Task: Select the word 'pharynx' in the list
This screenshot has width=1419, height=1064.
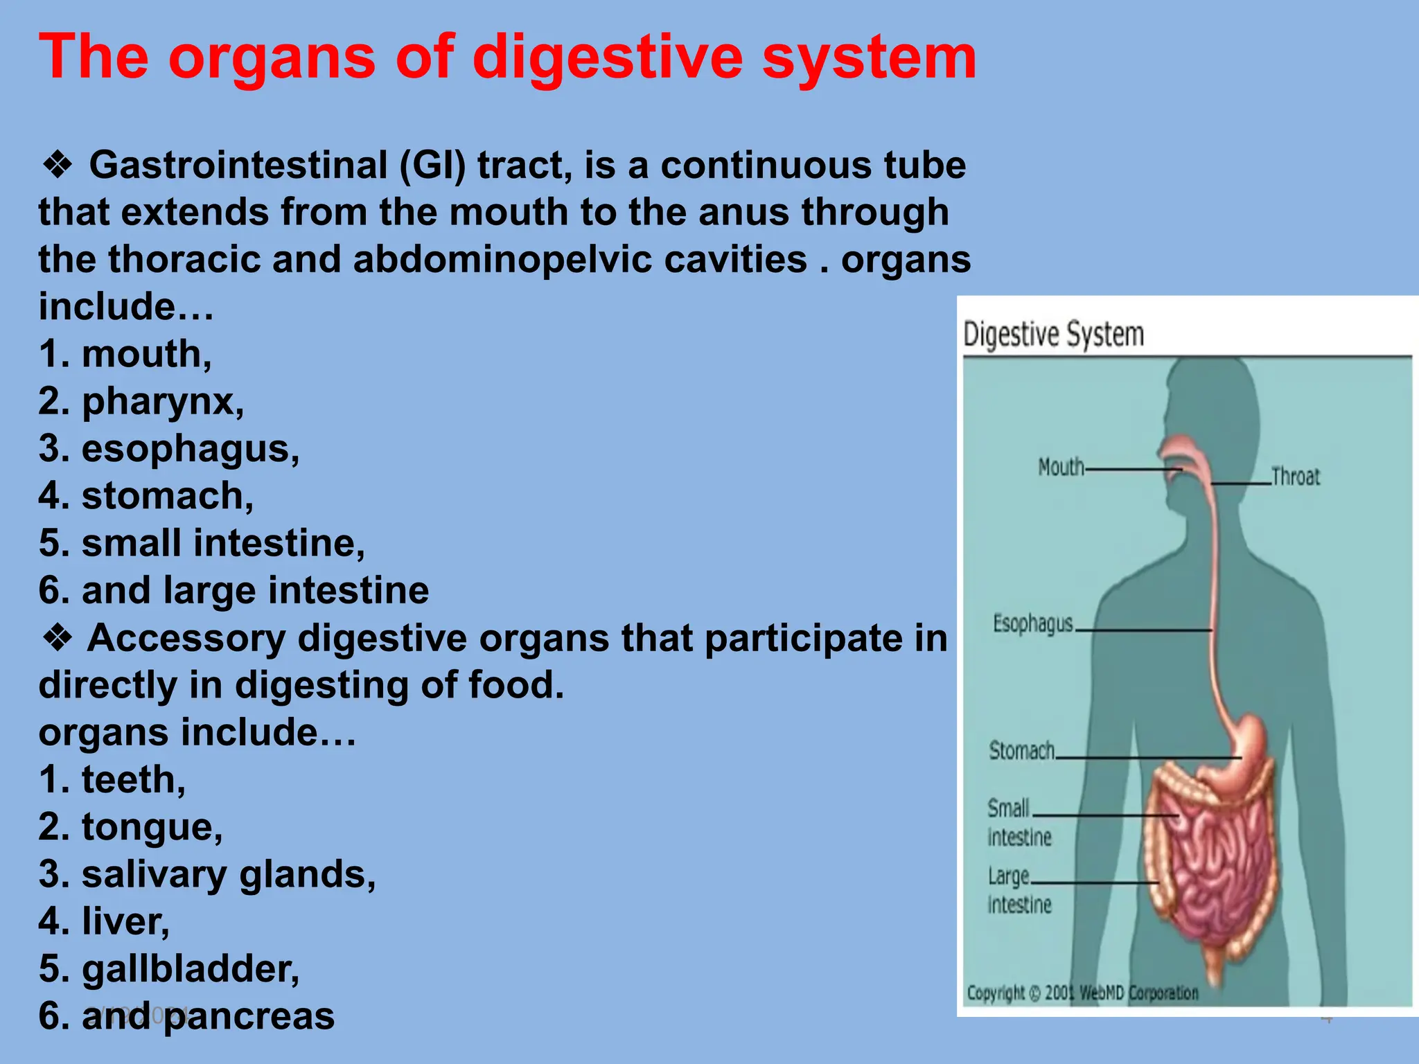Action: point(162,401)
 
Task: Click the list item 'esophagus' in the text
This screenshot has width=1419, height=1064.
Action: point(190,448)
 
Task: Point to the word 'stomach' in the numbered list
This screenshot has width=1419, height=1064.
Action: point(167,495)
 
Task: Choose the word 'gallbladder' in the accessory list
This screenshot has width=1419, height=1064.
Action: point(190,968)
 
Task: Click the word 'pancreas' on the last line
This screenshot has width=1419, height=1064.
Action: point(249,1016)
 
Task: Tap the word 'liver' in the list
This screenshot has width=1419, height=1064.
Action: point(125,921)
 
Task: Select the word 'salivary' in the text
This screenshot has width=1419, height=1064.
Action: point(154,874)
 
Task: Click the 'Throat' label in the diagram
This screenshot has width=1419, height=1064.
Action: point(1295,477)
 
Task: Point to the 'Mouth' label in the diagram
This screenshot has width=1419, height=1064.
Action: point(1061,468)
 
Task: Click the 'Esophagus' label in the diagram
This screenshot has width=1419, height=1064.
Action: point(1032,623)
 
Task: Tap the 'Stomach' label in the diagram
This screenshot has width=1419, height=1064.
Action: point(1021,750)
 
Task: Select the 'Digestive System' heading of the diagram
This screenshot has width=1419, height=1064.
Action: point(1053,335)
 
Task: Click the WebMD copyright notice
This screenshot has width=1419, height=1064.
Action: point(1082,993)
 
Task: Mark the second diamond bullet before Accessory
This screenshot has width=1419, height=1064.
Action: point(58,638)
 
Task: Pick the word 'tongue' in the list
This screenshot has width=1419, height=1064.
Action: point(152,827)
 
